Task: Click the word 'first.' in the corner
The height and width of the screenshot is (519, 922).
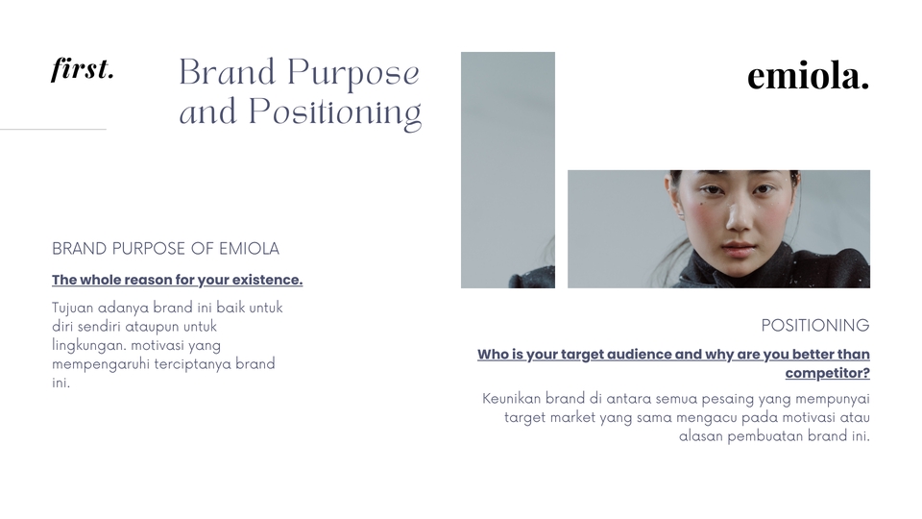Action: pos(83,70)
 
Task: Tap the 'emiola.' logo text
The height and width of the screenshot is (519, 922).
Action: pos(808,76)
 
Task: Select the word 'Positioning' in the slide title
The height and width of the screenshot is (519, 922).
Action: pos(335,113)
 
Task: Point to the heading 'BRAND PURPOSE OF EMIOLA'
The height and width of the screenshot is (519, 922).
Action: pos(165,249)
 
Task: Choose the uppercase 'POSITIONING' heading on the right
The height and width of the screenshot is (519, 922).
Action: pos(814,326)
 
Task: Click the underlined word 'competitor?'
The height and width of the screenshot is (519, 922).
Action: pos(827,373)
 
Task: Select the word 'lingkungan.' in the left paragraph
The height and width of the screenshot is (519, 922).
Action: pos(89,345)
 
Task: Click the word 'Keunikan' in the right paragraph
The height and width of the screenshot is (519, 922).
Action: pos(511,399)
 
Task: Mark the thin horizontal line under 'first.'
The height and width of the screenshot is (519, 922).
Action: pos(53,129)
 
